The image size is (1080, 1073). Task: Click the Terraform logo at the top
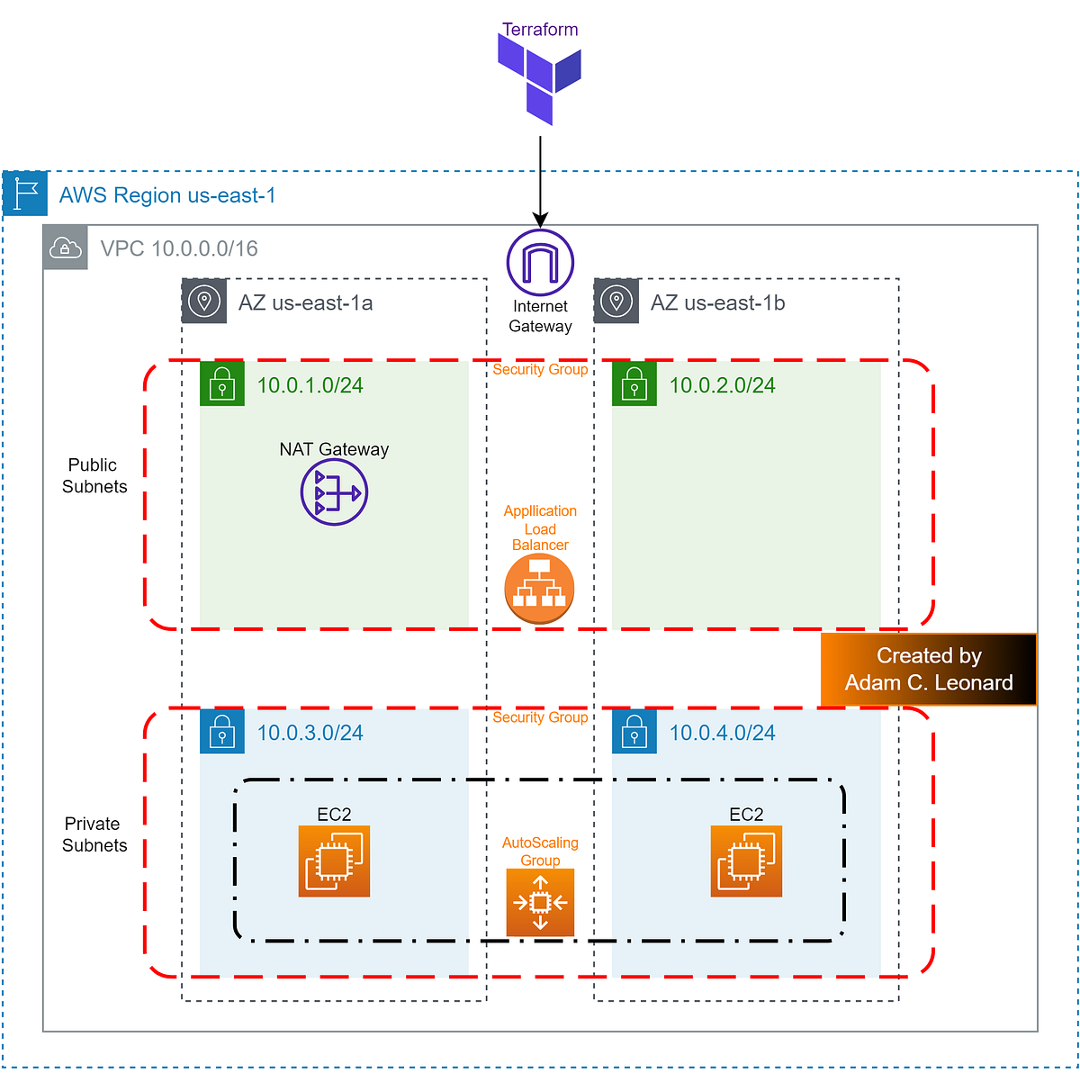tap(540, 79)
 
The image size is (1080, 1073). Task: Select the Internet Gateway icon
tap(540, 263)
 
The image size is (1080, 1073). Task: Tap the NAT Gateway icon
tap(334, 492)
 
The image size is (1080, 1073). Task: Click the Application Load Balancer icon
tap(539, 589)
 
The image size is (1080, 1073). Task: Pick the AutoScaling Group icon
tap(540, 902)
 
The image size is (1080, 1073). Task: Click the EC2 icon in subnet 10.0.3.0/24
tap(334, 861)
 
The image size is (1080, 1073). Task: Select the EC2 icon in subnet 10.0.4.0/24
tap(746, 861)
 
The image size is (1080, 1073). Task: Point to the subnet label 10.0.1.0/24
tap(310, 385)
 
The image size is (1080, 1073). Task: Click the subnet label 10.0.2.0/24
tap(722, 385)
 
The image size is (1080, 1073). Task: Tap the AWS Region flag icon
tap(25, 194)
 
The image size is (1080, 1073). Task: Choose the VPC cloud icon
tap(66, 248)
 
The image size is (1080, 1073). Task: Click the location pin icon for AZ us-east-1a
tap(204, 302)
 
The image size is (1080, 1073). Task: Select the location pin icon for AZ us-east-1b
tap(616, 302)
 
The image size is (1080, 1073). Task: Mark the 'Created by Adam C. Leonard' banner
tap(929, 670)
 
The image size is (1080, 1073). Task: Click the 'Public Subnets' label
tap(94, 475)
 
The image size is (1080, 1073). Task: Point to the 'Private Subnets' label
tap(94, 834)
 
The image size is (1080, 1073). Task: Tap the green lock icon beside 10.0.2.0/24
tap(634, 384)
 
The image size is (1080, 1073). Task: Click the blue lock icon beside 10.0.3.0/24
tap(222, 732)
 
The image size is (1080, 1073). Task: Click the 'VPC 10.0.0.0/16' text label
tap(179, 248)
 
